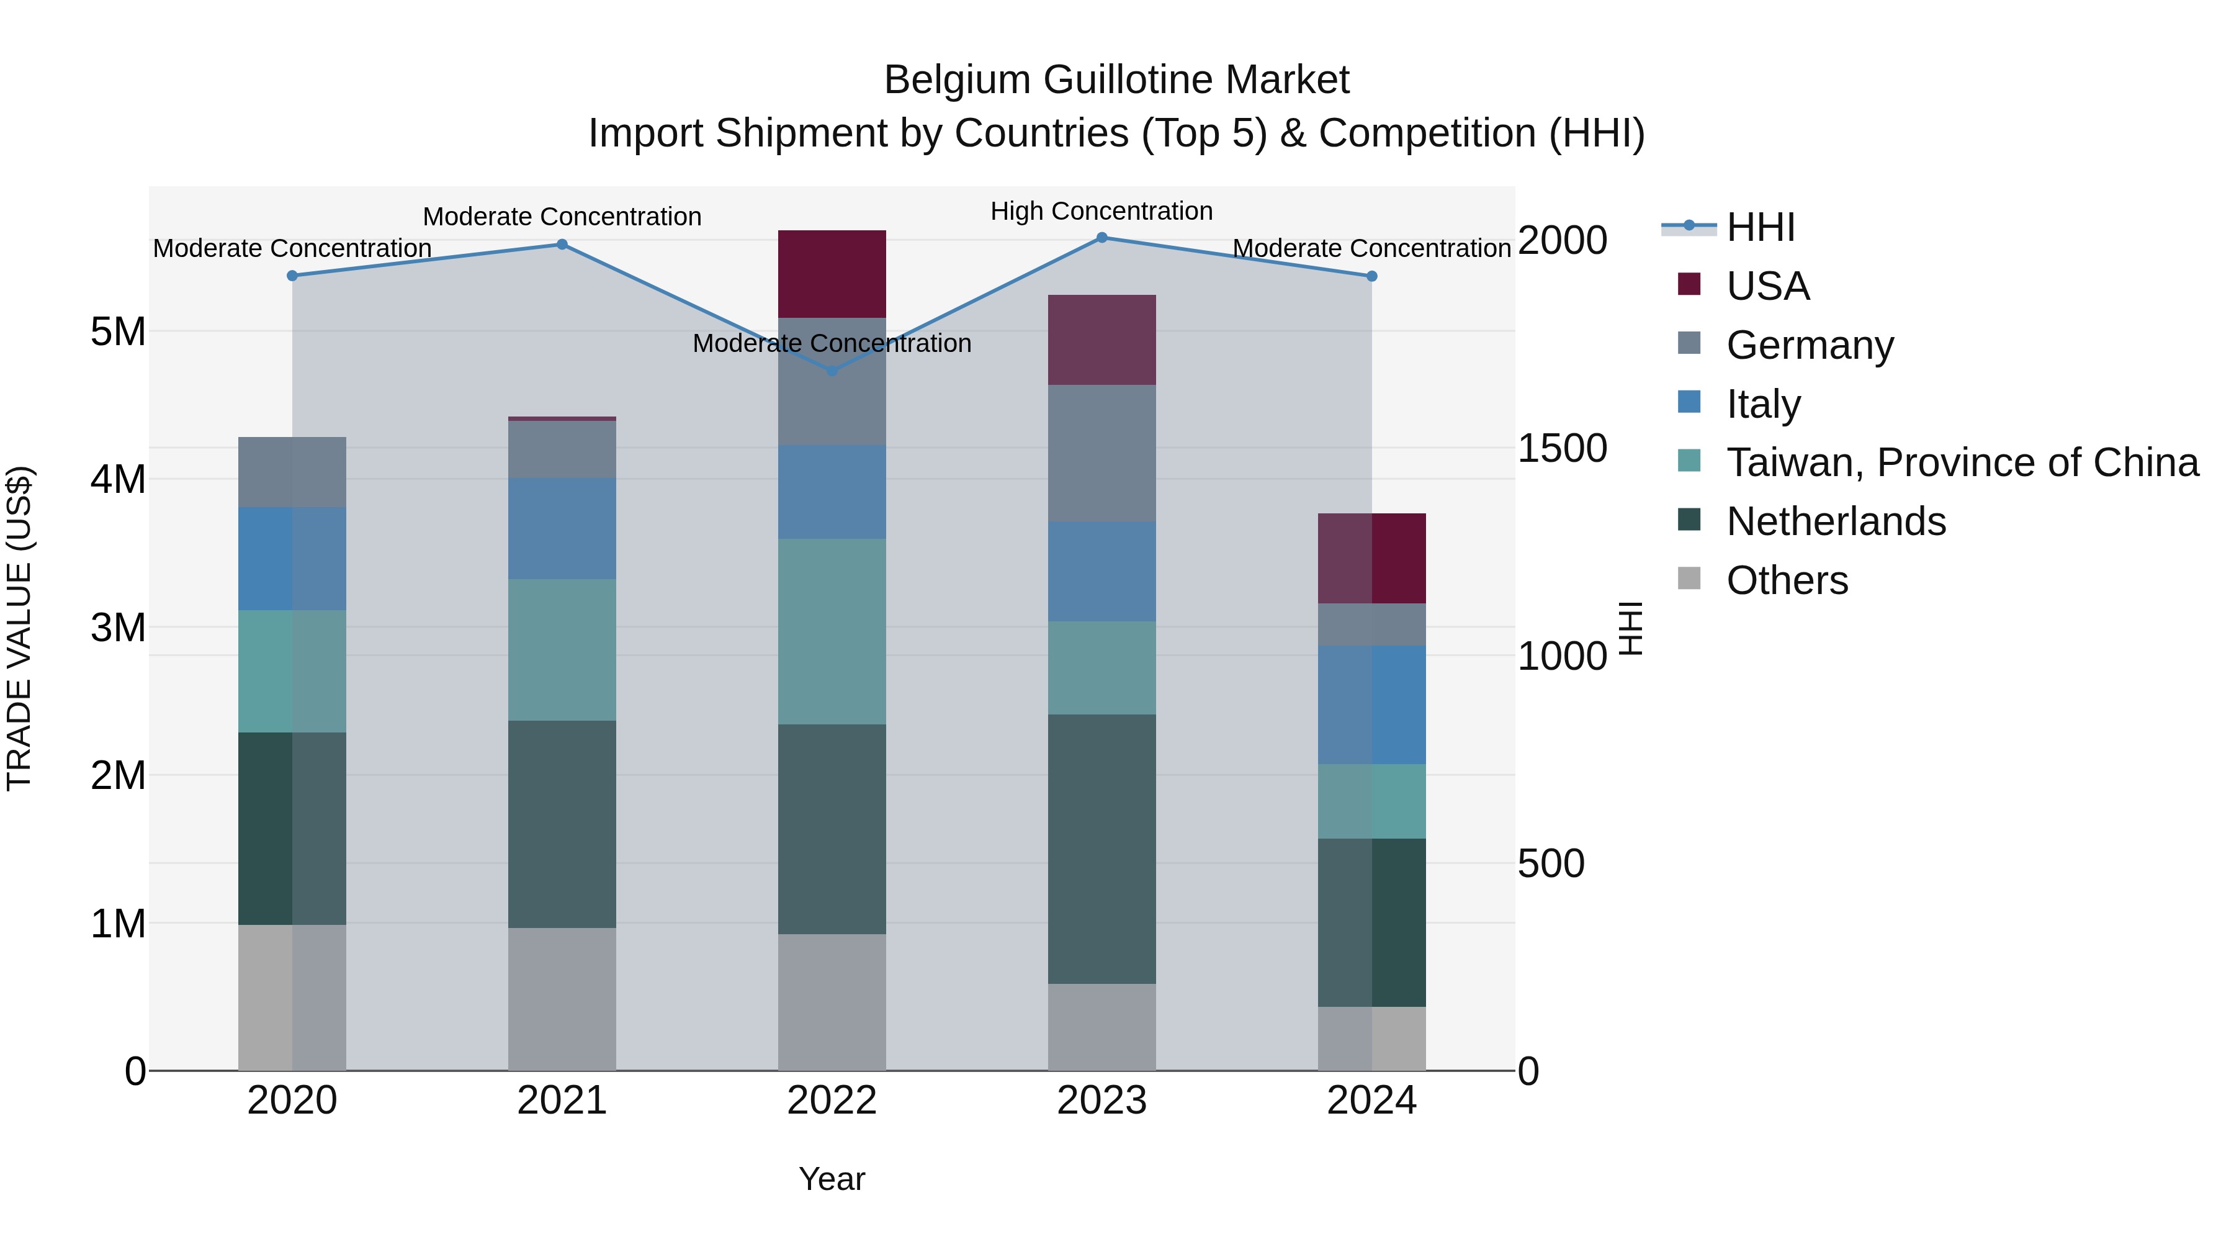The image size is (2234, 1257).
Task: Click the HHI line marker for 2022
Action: pos(832,371)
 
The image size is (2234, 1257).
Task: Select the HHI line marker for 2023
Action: pos(1101,238)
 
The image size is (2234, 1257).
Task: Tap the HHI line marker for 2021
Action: pos(562,245)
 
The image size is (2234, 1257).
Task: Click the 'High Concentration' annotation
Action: pos(1101,211)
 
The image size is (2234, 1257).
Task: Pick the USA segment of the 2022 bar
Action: pos(832,274)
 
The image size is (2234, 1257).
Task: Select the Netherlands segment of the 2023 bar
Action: pos(1101,849)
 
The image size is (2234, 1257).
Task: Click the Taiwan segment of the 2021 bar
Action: pos(562,650)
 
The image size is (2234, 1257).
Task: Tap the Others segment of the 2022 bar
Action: pos(832,1002)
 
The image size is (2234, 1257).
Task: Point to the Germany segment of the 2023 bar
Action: pos(1101,453)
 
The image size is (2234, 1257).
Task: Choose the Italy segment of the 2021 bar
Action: pos(562,528)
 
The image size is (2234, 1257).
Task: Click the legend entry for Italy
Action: pos(1763,404)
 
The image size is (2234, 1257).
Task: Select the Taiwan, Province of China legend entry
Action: pos(1962,462)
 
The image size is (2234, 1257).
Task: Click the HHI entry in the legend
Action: pos(1760,227)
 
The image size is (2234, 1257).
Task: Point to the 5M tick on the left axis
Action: pos(118,331)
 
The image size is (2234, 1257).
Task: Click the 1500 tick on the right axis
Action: pos(1562,449)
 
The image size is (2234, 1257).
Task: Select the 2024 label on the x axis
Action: pos(1371,1101)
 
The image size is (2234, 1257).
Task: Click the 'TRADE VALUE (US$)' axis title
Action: pos(19,628)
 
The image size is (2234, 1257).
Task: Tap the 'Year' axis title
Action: pos(832,1179)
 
